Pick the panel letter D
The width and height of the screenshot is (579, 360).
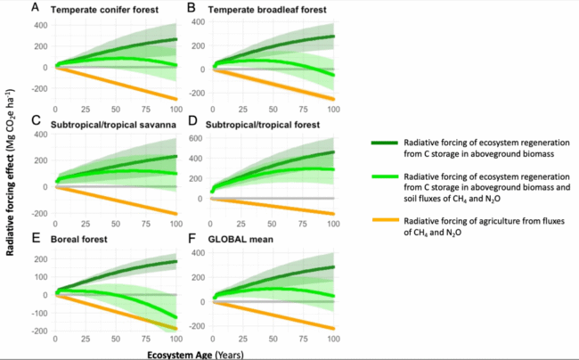tap(193, 118)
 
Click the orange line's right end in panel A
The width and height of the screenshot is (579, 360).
tap(176, 99)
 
